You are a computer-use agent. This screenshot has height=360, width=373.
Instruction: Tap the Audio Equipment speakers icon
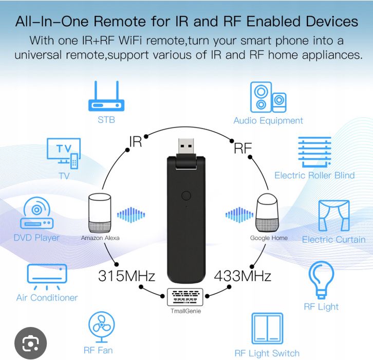pyautogui.click(x=268, y=97)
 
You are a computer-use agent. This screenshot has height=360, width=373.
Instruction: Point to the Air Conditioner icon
pyautogui.click(x=47, y=277)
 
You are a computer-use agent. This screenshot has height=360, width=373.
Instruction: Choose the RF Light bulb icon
pyautogui.click(x=321, y=280)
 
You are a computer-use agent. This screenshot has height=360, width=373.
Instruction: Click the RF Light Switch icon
pyautogui.click(x=267, y=329)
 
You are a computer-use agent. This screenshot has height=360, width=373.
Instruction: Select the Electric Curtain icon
pyautogui.click(x=334, y=215)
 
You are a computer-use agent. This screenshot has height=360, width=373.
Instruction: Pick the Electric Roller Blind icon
pyautogui.click(x=314, y=152)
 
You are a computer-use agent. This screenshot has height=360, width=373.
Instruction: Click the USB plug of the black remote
pyautogui.click(x=186, y=147)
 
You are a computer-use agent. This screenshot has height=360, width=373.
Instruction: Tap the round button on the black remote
pyautogui.click(x=186, y=196)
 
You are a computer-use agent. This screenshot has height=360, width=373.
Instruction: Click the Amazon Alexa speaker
pyautogui.click(x=100, y=213)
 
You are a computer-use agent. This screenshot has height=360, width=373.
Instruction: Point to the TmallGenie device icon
pyautogui.click(x=185, y=297)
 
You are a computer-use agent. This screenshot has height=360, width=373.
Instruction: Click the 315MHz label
pyautogui.click(x=126, y=276)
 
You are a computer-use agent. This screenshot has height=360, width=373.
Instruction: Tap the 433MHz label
pyautogui.click(x=243, y=276)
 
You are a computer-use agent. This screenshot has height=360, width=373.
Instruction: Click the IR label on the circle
pyautogui.click(x=135, y=141)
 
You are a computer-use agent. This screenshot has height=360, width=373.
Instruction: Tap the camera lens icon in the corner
pyautogui.click(x=30, y=344)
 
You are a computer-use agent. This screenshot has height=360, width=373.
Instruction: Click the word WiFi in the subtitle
pyautogui.click(x=130, y=41)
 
